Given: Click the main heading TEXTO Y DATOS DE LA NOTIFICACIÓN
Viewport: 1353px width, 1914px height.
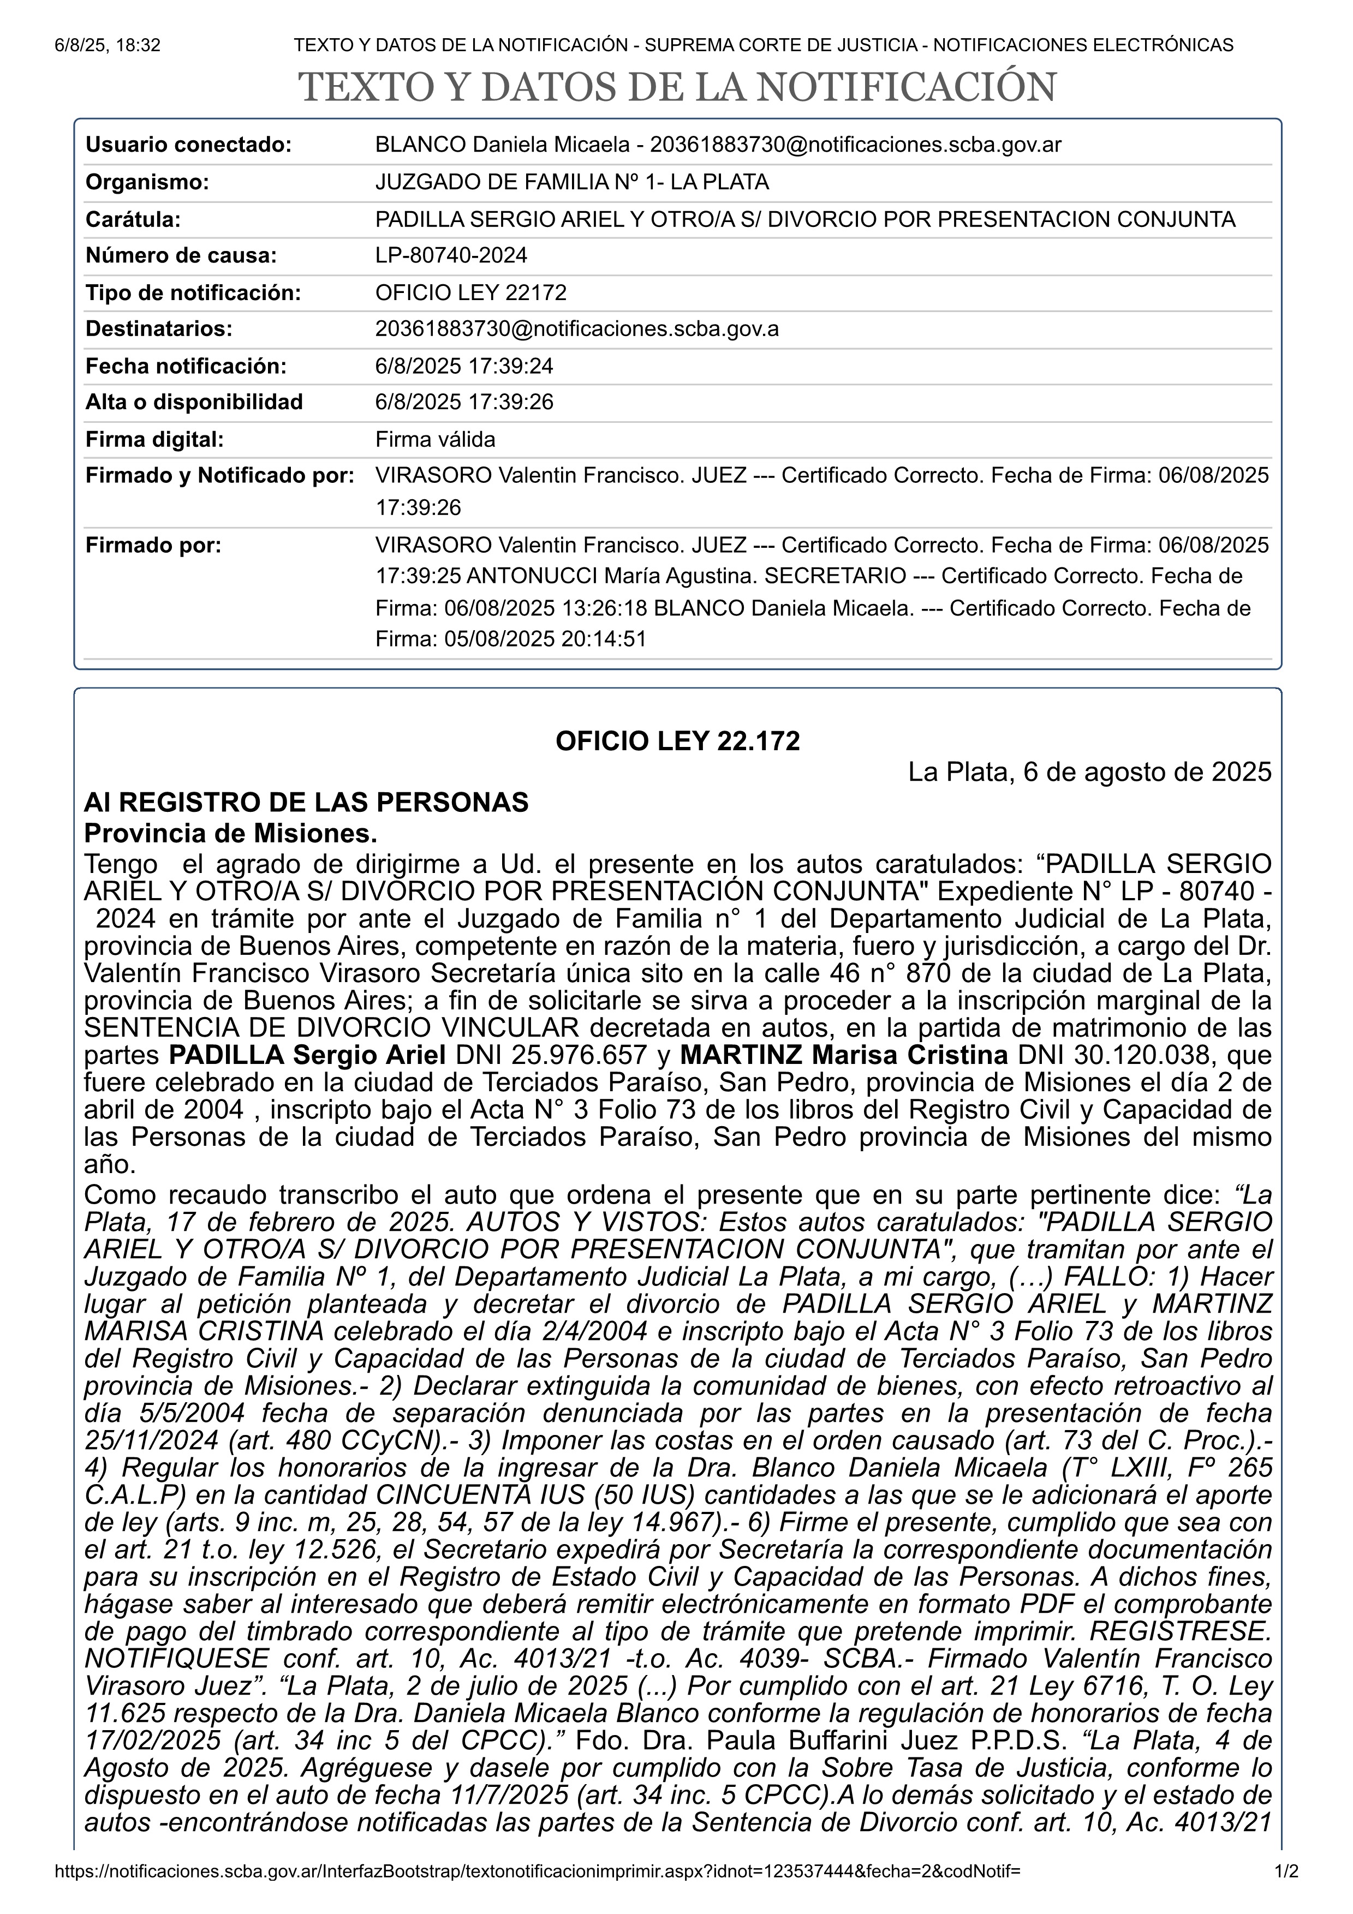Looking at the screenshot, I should click(x=677, y=87).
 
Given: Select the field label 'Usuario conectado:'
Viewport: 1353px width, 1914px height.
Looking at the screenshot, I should click(x=188, y=145).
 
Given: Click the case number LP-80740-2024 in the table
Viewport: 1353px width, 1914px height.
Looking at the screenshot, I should click(x=451, y=255).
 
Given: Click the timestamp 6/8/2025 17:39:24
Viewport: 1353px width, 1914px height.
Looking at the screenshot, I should click(x=464, y=366).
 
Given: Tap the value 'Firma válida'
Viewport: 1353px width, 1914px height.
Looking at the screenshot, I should click(x=435, y=439).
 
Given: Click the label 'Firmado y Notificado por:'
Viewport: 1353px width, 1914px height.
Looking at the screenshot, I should click(x=220, y=475).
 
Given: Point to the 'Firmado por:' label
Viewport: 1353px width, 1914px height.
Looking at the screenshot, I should click(x=153, y=545).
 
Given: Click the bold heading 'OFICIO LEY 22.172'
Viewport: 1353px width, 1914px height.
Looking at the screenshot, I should click(x=677, y=741).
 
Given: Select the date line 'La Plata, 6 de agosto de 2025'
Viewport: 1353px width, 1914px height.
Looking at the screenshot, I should click(x=1089, y=772).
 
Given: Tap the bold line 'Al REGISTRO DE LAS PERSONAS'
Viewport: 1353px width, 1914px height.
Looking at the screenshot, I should click(x=306, y=802).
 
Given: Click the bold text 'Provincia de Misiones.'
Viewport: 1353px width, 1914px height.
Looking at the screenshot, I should click(x=231, y=833).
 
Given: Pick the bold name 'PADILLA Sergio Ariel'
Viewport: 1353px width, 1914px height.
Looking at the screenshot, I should click(x=308, y=1055).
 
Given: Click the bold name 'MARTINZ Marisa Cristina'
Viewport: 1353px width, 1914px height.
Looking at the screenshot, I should click(x=844, y=1055).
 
